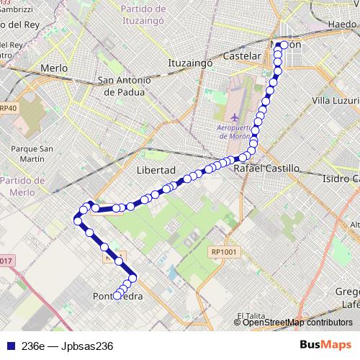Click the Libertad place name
point(156,170)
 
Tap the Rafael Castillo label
point(266,168)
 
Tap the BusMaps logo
point(325,346)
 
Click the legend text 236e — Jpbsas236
point(68,346)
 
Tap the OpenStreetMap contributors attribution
point(297,323)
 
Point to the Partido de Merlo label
point(23,186)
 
